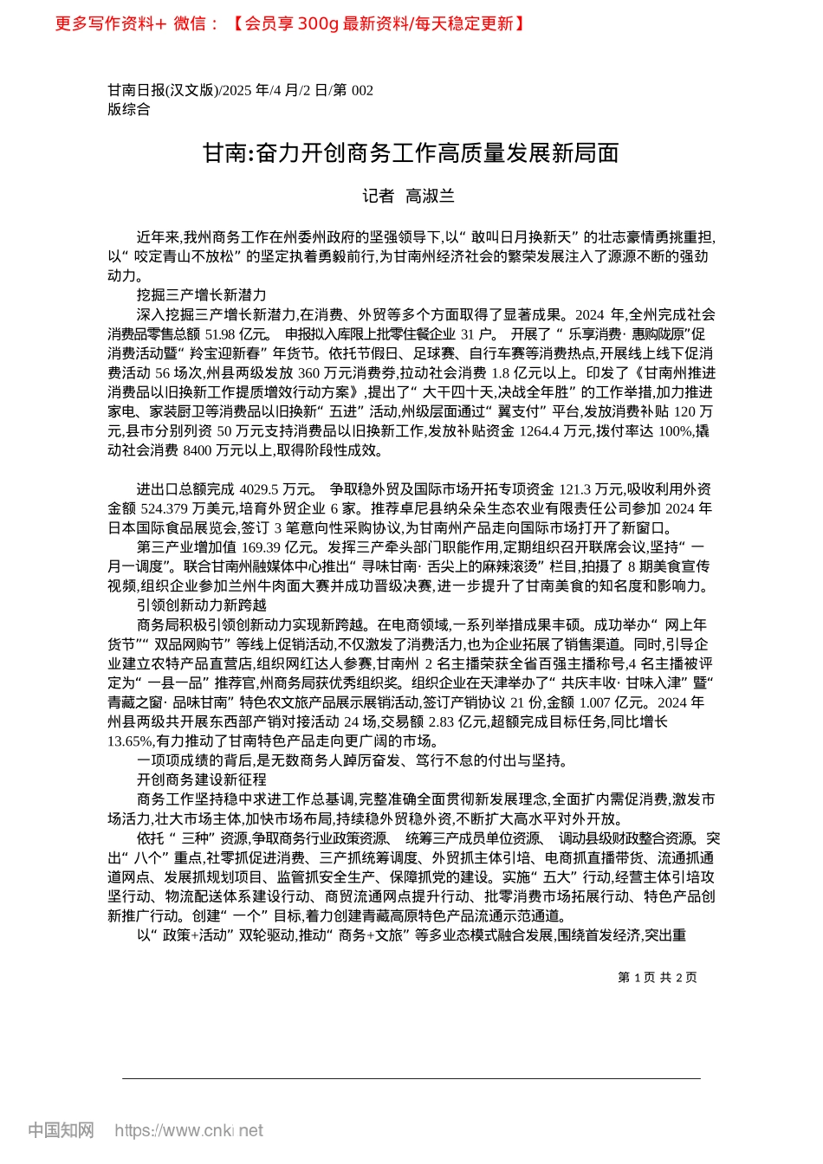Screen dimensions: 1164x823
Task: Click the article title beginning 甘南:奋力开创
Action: (x=411, y=153)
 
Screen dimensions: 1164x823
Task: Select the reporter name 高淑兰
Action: (x=431, y=197)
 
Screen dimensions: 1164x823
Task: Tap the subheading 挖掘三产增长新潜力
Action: (x=201, y=295)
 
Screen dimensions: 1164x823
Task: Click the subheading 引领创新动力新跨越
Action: (x=201, y=605)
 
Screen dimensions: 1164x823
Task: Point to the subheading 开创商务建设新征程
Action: (x=201, y=779)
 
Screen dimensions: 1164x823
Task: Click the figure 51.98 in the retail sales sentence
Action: (x=222, y=334)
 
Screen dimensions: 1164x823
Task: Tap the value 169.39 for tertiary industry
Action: (x=262, y=547)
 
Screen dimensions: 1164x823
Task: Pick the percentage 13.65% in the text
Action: (x=126, y=741)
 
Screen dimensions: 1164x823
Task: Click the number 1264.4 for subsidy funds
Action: (x=541, y=431)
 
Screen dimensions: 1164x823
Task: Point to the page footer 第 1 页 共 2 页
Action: (x=658, y=978)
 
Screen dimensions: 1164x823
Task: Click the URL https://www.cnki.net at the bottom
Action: (x=189, y=1130)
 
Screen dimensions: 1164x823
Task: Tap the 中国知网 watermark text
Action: (x=61, y=1130)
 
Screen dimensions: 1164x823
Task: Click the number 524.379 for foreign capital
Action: (x=165, y=509)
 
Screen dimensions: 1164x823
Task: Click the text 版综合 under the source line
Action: (x=129, y=109)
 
